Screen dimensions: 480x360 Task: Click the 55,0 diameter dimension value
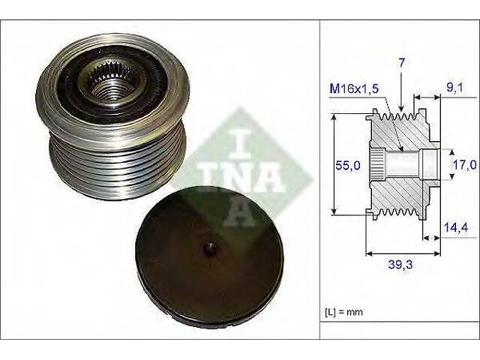click(348, 166)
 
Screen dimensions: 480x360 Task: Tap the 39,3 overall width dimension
click(400, 265)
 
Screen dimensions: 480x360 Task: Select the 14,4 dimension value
click(456, 227)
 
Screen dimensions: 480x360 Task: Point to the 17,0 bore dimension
click(465, 165)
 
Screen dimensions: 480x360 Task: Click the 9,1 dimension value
click(454, 88)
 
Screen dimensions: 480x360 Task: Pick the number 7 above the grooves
click(401, 62)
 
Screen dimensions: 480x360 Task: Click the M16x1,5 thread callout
click(354, 88)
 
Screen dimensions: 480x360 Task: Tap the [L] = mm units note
click(343, 312)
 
